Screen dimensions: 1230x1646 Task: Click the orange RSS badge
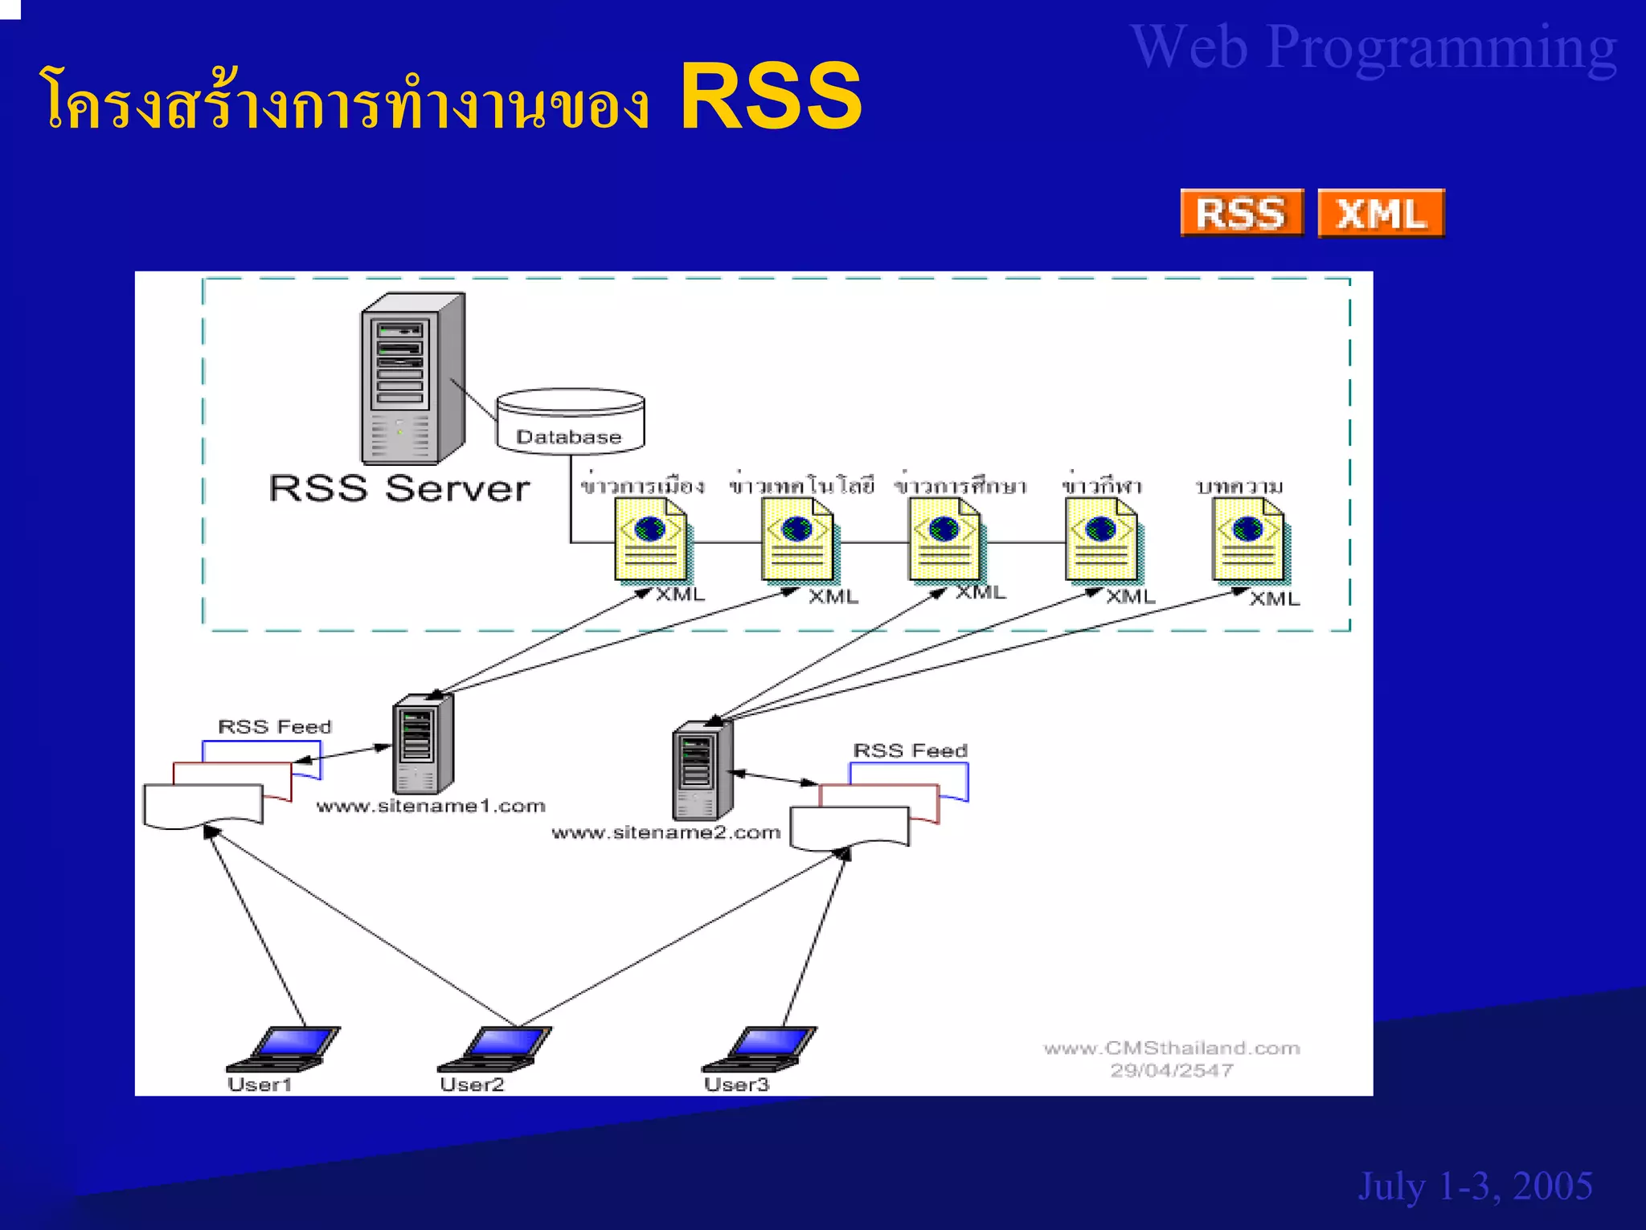(x=1241, y=213)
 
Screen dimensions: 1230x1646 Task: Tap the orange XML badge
(x=1381, y=214)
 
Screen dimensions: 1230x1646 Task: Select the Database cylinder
(x=570, y=421)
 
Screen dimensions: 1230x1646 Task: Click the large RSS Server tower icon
(x=411, y=378)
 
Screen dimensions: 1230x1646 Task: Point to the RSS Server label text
(x=399, y=488)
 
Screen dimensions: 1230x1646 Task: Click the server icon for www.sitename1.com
(x=422, y=744)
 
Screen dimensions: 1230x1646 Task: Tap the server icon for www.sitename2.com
(x=702, y=770)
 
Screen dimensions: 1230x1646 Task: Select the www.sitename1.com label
(x=431, y=806)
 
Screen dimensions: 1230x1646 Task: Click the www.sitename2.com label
(x=665, y=832)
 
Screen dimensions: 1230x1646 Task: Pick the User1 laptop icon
(x=285, y=1048)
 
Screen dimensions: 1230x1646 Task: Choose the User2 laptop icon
(x=495, y=1048)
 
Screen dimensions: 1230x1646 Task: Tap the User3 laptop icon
(x=760, y=1048)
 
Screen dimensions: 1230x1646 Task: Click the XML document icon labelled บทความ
(x=1248, y=539)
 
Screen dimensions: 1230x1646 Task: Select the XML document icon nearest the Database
(x=651, y=539)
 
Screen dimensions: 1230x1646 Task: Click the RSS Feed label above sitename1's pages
(x=275, y=726)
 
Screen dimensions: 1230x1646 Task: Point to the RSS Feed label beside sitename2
(x=910, y=750)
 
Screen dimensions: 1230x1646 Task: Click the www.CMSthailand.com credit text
(x=1171, y=1048)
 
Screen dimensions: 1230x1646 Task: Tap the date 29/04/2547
(x=1171, y=1070)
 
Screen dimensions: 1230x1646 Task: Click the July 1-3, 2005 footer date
(x=1475, y=1186)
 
